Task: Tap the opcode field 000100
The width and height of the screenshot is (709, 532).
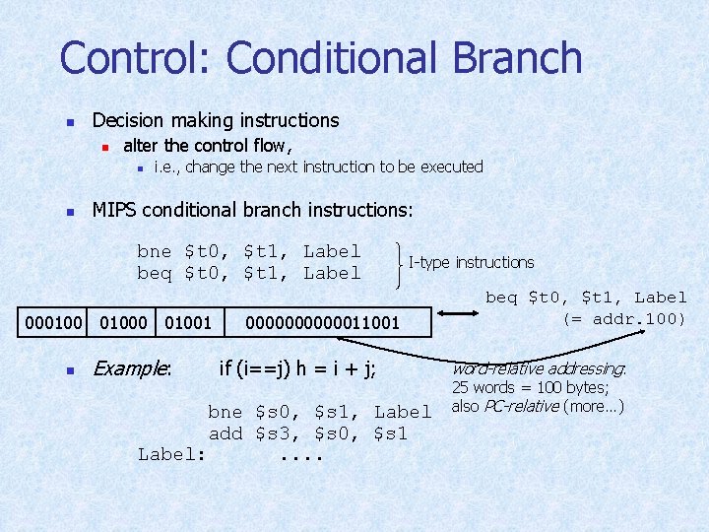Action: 53,322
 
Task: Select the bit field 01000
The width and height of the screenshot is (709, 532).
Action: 124,322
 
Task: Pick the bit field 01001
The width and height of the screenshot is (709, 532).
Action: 187,322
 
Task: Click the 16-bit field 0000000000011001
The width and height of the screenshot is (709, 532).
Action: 322,322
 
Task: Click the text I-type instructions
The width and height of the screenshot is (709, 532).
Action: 471,262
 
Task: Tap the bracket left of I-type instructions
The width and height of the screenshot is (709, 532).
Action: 398,262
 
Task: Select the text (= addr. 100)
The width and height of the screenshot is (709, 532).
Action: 623,318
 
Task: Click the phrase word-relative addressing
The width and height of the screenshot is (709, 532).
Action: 538,369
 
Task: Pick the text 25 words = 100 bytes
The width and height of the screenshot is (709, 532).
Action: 530,387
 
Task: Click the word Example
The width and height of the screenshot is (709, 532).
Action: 131,369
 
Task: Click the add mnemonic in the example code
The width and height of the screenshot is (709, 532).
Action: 226,433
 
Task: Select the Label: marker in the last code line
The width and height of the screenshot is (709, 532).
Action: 172,454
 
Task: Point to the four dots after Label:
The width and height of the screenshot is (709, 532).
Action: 302,456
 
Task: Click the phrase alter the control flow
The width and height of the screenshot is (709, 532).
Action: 207,146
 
